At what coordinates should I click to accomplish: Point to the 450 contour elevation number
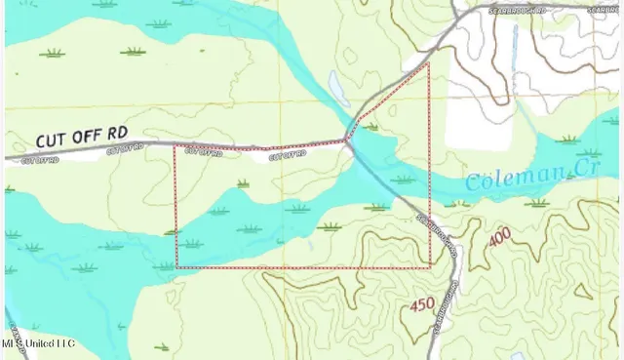(422, 304)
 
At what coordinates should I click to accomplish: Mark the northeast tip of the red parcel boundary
(428, 63)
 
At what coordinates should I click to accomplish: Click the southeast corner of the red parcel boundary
(430, 266)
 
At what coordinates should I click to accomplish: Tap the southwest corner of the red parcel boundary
(176, 266)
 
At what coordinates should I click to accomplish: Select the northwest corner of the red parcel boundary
(175, 146)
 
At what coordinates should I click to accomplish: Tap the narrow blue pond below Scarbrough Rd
(514, 44)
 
